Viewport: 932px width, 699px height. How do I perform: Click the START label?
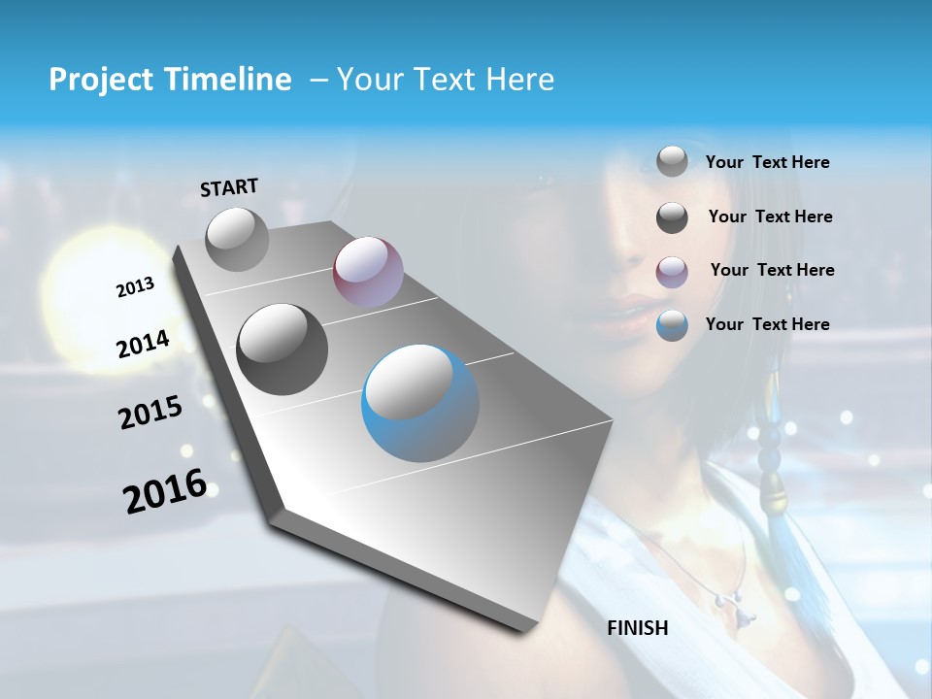pyautogui.click(x=229, y=187)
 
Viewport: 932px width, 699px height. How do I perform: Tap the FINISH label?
pyautogui.click(x=637, y=628)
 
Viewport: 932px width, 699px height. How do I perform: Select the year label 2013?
pyautogui.click(x=135, y=287)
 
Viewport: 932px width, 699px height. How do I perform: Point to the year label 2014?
pyautogui.click(x=143, y=344)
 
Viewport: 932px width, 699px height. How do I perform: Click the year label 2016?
pyautogui.click(x=165, y=491)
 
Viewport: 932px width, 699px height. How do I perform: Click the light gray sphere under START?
pyautogui.click(x=238, y=239)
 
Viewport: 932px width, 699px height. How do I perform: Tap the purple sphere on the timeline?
pyautogui.click(x=368, y=272)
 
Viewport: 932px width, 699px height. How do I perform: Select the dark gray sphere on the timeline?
pyautogui.click(x=283, y=349)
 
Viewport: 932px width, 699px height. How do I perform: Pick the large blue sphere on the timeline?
pyautogui.click(x=420, y=403)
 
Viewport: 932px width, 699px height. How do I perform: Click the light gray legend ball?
pyautogui.click(x=672, y=161)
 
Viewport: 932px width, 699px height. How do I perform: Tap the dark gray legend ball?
pyautogui.click(x=672, y=217)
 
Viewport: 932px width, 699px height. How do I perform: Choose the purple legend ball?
pyautogui.click(x=672, y=271)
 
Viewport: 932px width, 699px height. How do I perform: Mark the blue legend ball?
pyautogui.click(x=672, y=325)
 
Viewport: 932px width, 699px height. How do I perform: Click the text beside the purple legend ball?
pyautogui.click(x=772, y=270)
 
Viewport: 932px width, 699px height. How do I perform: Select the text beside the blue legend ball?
pyautogui.click(x=767, y=324)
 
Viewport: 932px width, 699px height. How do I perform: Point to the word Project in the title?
pyautogui.click(x=96, y=80)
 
